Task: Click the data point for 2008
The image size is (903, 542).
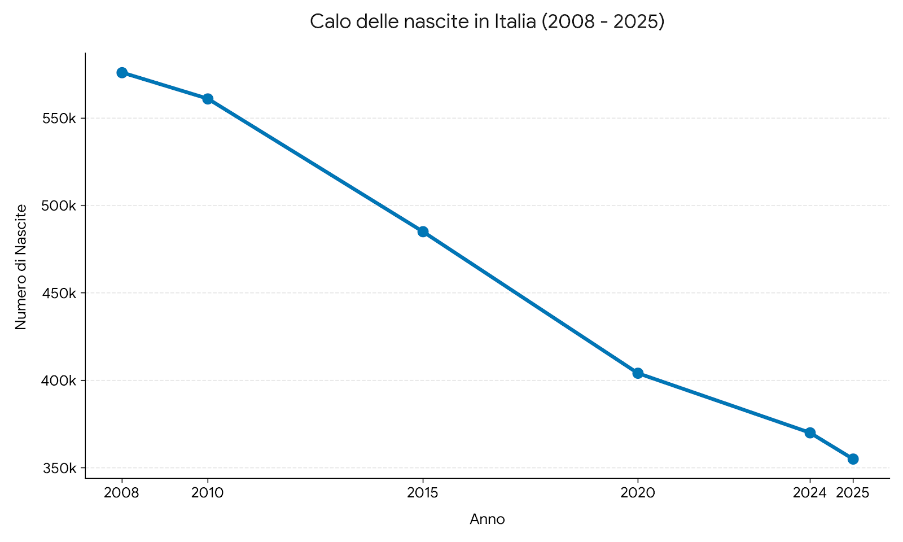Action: pyautogui.click(x=122, y=73)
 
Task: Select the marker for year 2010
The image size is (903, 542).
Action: pyautogui.click(x=208, y=99)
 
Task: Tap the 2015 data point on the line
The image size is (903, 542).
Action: pyautogui.click(x=423, y=231)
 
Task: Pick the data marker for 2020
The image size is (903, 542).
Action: pyautogui.click(x=638, y=373)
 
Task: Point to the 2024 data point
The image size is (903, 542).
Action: pyautogui.click(x=810, y=433)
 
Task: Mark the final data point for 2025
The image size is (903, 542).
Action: pyautogui.click(x=853, y=459)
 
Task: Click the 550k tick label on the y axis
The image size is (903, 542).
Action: pyautogui.click(x=59, y=119)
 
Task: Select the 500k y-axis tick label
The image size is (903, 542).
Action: pyautogui.click(x=59, y=206)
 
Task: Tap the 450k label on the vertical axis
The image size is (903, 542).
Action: pyautogui.click(x=59, y=294)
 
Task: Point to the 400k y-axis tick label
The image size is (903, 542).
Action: pyautogui.click(x=59, y=381)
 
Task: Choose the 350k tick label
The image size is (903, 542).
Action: pyautogui.click(x=59, y=469)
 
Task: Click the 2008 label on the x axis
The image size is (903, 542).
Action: pyautogui.click(x=122, y=493)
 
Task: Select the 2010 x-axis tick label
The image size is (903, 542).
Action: pyautogui.click(x=208, y=493)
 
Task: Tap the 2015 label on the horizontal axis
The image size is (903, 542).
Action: pyautogui.click(x=423, y=493)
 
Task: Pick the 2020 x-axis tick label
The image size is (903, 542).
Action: pyautogui.click(x=638, y=493)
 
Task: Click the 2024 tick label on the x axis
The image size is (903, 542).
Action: pyautogui.click(x=809, y=493)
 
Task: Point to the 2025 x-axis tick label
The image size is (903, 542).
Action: pyautogui.click(x=853, y=493)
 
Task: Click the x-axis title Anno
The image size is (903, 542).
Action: pyautogui.click(x=487, y=519)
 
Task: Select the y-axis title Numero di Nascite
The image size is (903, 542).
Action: pyautogui.click(x=21, y=267)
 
